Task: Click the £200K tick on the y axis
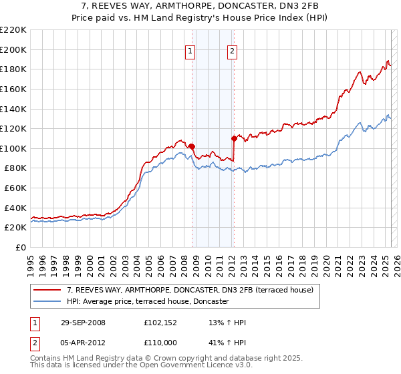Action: (13, 49)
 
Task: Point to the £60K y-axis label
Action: (15, 188)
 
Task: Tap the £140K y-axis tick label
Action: (13, 109)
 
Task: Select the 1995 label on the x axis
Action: (31, 260)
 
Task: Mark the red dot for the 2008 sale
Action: (192, 146)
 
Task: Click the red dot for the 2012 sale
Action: (234, 138)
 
